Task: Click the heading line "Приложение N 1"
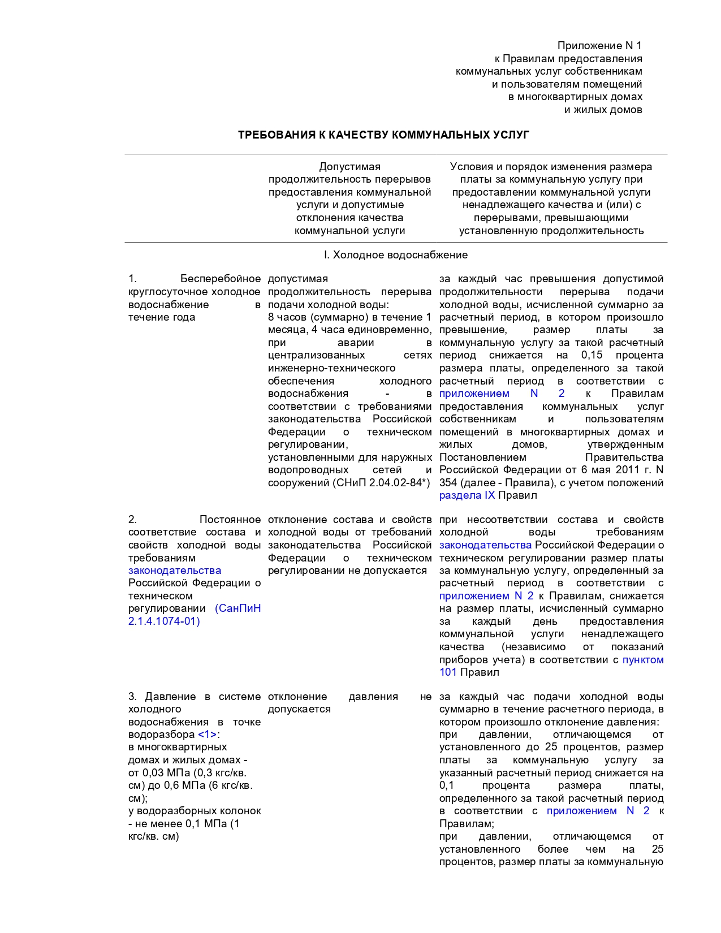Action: click(599, 46)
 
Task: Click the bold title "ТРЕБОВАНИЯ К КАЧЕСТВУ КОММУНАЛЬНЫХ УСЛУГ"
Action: click(383, 135)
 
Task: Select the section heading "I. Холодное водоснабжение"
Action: click(396, 255)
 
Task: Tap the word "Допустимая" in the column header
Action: click(349, 167)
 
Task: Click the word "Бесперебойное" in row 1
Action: click(221, 279)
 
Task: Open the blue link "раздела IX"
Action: click(467, 495)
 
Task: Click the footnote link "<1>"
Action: click(207, 735)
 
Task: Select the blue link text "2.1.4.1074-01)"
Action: click(164, 621)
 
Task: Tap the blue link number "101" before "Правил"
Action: click(448, 672)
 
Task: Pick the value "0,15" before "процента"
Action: click(592, 355)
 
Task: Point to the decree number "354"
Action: click(448, 483)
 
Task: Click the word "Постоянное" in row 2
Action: click(230, 520)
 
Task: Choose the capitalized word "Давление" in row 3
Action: click(170, 697)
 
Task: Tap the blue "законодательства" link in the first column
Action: click(175, 571)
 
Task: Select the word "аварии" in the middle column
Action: click(356, 343)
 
